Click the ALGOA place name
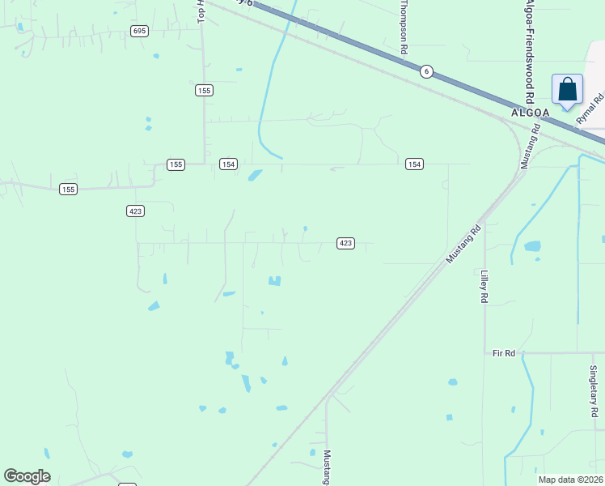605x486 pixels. [531, 113]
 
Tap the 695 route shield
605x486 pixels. [140, 31]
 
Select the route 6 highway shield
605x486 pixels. [426, 72]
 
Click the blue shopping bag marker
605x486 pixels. [567, 90]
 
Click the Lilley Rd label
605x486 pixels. [484, 287]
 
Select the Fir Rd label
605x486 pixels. [504, 353]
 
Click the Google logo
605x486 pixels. [27, 476]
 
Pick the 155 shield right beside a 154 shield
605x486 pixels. [176, 164]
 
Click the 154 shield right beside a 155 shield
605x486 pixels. [228, 164]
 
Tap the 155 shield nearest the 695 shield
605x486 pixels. [204, 91]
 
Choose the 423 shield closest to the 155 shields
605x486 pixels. [135, 211]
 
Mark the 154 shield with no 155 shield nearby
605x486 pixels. [414, 164]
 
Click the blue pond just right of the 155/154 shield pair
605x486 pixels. [255, 175]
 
